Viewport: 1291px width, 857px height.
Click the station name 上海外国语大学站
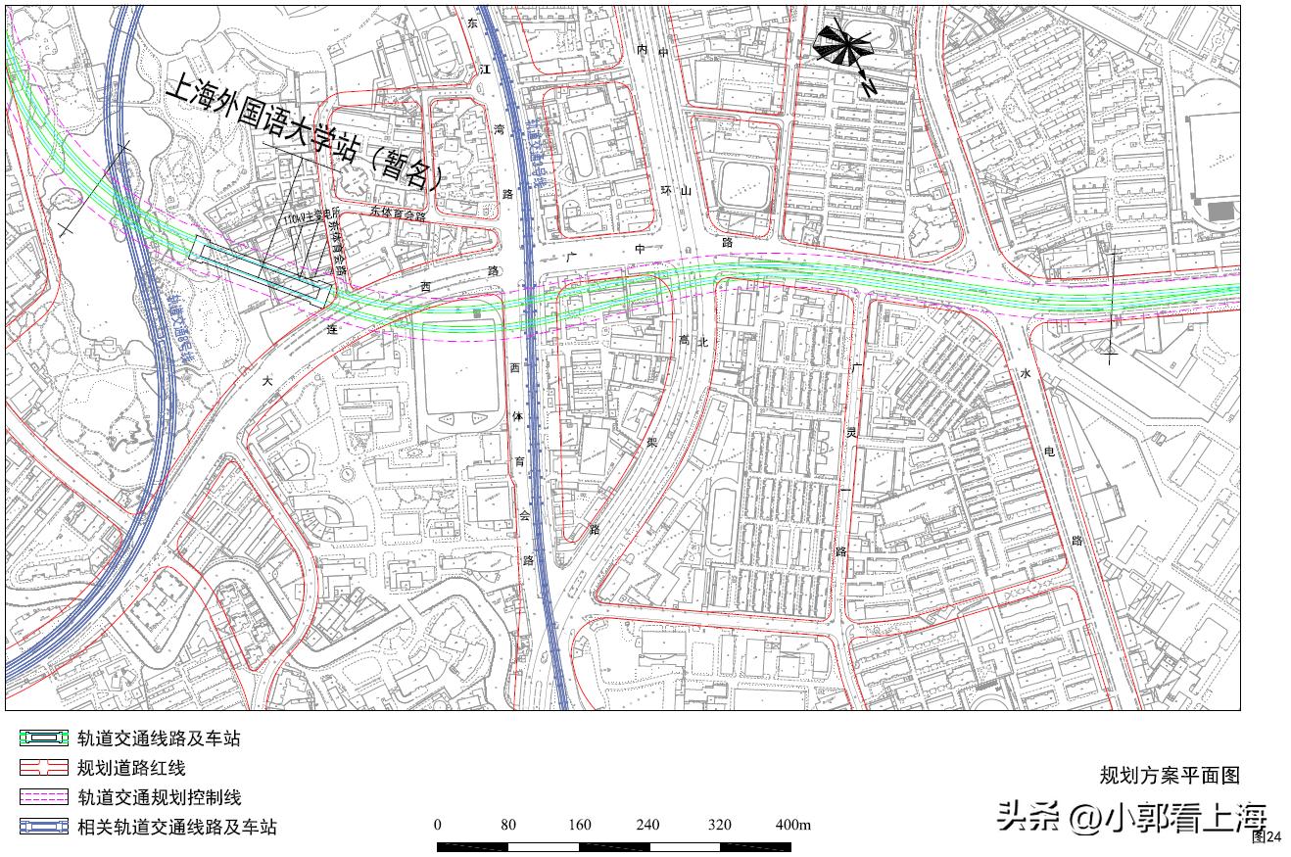pyautogui.click(x=284, y=126)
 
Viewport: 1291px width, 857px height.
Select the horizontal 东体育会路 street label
pyautogui.click(x=399, y=214)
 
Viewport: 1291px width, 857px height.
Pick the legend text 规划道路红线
pyautogui.click(x=130, y=768)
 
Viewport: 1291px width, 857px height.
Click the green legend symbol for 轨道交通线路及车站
pyautogui.click(x=43, y=738)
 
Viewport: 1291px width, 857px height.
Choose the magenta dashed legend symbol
pyautogui.click(x=43, y=797)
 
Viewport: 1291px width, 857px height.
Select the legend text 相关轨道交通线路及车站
pyautogui.click(x=176, y=828)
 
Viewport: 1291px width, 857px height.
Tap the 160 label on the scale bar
pyautogui.click(x=580, y=825)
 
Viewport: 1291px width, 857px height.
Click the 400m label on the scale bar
pyautogui.click(x=793, y=825)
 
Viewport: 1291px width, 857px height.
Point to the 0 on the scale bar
pyautogui.click(x=437, y=825)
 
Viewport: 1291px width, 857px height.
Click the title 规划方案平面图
pyautogui.click(x=1170, y=776)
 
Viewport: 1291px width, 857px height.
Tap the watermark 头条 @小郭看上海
pyautogui.click(x=1131, y=816)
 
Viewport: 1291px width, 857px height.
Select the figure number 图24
pyautogui.click(x=1267, y=836)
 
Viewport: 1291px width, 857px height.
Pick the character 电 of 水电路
pyautogui.click(x=1050, y=452)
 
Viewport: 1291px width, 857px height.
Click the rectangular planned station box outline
pyautogui.click(x=263, y=272)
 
